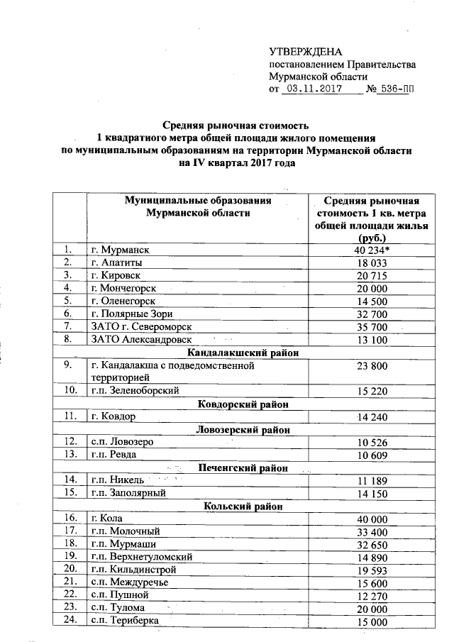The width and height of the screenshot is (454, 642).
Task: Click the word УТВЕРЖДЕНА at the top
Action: (x=305, y=52)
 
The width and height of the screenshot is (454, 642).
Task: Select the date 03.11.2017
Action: (x=313, y=90)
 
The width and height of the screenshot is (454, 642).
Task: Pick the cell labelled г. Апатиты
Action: (x=117, y=262)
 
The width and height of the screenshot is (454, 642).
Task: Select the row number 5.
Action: (x=69, y=301)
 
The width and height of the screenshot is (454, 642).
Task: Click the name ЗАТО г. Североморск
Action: (x=141, y=326)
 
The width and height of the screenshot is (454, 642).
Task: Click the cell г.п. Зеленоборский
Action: (x=134, y=390)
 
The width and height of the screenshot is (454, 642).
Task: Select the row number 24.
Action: (x=70, y=621)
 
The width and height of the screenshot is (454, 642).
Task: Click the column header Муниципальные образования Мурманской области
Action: (x=198, y=206)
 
